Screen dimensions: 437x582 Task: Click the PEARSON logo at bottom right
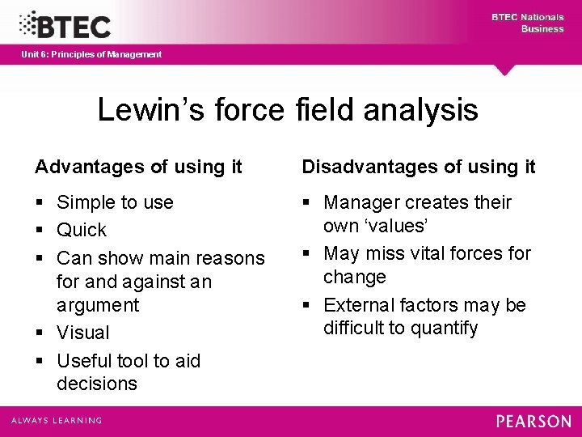pyautogui.click(x=533, y=421)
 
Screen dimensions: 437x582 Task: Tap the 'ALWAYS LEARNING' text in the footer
pyautogui.click(x=57, y=421)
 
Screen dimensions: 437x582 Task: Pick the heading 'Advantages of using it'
pyautogui.click(x=138, y=167)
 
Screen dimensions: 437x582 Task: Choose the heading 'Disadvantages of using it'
pyautogui.click(x=419, y=167)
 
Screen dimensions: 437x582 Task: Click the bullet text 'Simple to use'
pyautogui.click(x=115, y=202)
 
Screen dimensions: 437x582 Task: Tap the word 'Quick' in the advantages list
pyautogui.click(x=82, y=230)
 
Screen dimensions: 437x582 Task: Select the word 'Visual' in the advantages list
pyautogui.click(x=82, y=333)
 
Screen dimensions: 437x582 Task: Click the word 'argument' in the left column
pyautogui.click(x=98, y=305)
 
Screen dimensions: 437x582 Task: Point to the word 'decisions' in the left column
pyautogui.click(x=97, y=384)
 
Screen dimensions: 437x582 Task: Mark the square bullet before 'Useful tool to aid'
pyautogui.click(x=39, y=360)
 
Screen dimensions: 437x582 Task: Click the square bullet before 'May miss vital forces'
pyautogui.click(x=306, y=253)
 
